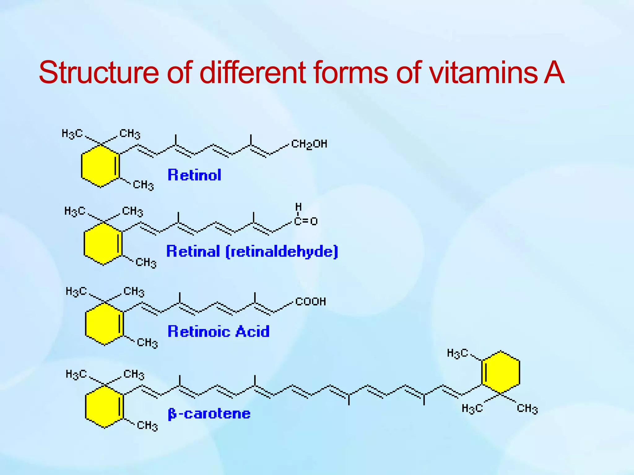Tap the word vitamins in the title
[483, 73]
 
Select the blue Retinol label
[194, 175]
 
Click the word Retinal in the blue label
[193, 251]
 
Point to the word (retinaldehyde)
[282, 252]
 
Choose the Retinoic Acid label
[219, 332]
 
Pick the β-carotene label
[209, 414]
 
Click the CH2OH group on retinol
[309, 144]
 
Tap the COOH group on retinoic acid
[310, 302]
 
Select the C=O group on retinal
[306, 221]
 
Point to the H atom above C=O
[298, 207]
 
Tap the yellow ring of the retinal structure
[103, 244]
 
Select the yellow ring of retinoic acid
[104, 324]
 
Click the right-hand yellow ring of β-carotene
[501, 372]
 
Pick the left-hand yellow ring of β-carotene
[104, 406]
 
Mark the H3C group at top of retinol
[72, 134]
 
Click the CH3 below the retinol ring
[143, 185]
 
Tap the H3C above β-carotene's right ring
[457, 353]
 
